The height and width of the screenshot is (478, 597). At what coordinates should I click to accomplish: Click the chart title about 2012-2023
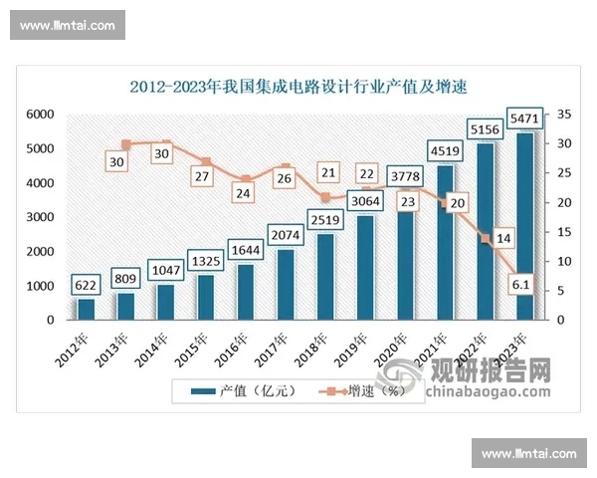point(298,86)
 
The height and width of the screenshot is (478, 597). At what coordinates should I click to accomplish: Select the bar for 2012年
point(87,309)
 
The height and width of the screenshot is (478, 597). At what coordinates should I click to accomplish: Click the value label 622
point(87,285)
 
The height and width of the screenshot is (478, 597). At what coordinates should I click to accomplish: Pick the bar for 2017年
point(285,285)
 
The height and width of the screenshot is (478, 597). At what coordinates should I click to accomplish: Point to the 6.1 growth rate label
point(518,286)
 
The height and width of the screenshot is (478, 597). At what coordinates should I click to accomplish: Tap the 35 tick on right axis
point(564,116)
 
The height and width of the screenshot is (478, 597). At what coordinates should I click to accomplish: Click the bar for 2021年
point(446,244)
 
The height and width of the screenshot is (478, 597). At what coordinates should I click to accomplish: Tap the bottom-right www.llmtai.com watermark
point(528,453)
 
